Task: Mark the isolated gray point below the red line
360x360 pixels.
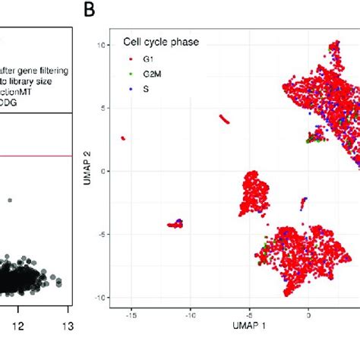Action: click(x=10, y=201)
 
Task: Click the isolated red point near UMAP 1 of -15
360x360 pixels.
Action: click(x=123, y=138)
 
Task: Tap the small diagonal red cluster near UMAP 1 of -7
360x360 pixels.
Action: click(x=226, y=119)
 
